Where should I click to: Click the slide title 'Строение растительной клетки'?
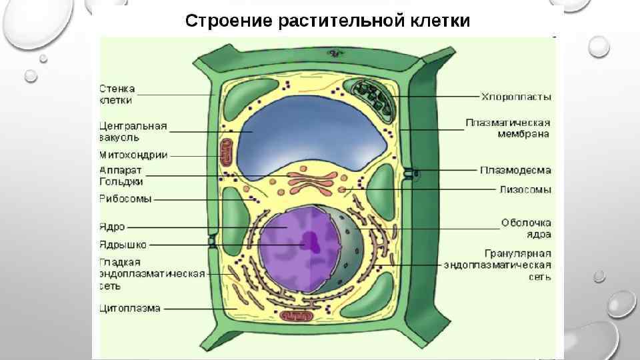(x=327, y=21)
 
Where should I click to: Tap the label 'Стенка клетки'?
(x=117, y=94)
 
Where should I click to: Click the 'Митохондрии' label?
(x=133, y=155)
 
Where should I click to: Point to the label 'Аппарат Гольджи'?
(x=121, y=175)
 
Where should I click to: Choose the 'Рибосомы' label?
(x=125, y=199)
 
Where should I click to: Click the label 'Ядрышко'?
(x=123, y=244)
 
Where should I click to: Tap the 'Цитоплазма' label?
(x=130, y=309)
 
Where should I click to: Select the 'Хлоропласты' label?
(x=517, y=97)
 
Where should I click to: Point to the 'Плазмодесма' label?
(x=515, y=171)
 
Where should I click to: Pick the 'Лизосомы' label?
(x=525, y=190)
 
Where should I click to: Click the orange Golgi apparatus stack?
(x=313, y=181)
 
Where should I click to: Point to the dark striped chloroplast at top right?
(x=373, y=97)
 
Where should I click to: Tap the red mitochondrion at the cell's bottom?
(x=291, y=319)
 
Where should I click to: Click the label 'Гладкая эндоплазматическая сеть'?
(x=152, y=274)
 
